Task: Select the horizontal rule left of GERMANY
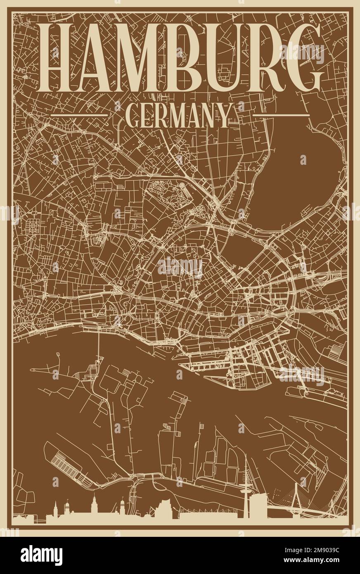[79, 115]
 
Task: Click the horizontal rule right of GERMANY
[280, 115]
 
